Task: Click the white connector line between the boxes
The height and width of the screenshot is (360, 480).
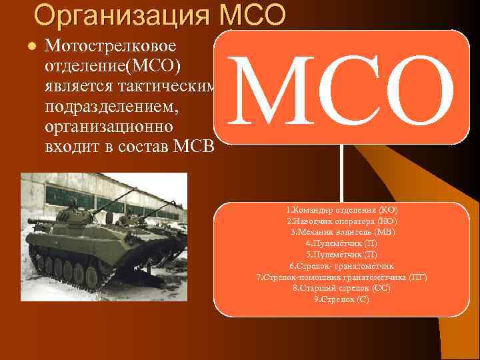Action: (x=342, y=173)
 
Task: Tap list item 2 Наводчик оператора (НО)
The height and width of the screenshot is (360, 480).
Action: (x=341, y=221)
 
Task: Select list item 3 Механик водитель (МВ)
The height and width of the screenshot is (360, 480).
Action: (x=342, y=232)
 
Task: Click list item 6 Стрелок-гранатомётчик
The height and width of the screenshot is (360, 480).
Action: (x=341, y=266)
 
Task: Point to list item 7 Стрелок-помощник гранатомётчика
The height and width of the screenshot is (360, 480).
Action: (x=341, y=277)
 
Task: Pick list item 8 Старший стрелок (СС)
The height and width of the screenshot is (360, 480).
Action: (x=341, y=288)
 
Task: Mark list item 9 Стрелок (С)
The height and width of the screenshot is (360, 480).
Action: (x=341, y=299)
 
